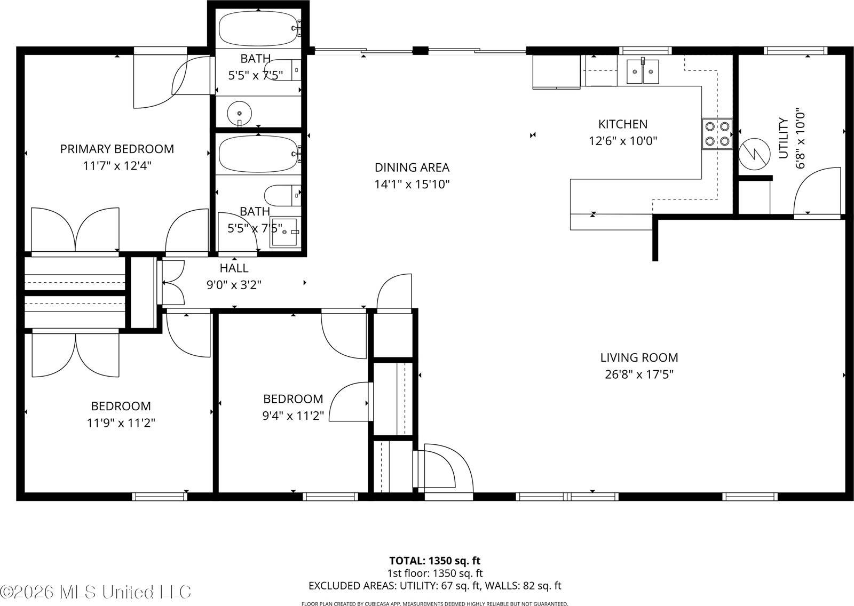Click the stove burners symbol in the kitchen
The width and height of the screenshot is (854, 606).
[x=717, y=134]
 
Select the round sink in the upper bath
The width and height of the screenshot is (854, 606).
[x=239, y=113]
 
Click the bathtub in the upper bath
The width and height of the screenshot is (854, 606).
[x=258, y=29]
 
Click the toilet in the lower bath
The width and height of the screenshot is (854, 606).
[x=282, y=195]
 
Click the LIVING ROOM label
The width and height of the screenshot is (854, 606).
[x=639, y=357]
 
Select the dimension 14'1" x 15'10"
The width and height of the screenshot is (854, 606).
[x=412, y=185]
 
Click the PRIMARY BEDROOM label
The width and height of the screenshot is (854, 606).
[x=117, y=149]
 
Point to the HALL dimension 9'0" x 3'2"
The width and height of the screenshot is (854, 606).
[x=234, y=285]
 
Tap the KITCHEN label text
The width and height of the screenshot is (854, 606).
[x=623, y=124]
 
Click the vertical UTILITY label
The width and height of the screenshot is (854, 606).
[x=783, y=138]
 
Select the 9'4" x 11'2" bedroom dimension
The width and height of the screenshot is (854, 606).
[x=293, y=416]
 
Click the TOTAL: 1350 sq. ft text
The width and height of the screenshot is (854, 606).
[x=434, y=561]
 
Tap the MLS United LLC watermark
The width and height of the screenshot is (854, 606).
[x=96, y=592]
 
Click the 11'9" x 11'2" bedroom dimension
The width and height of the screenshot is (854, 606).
[x=121, y=423]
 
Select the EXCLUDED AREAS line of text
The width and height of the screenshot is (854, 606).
[x=434, y=586]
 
